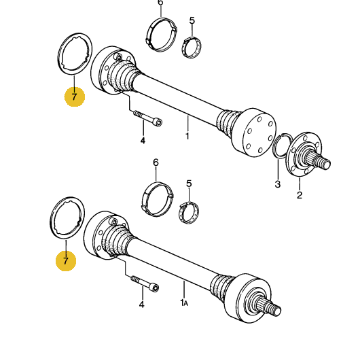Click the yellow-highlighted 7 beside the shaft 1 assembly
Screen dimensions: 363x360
point(75,97)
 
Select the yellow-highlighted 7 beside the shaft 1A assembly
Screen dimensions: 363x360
point(66,260)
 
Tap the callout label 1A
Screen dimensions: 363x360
point(183,302)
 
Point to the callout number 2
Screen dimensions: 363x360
point(299,196)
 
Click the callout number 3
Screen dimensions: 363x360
point(277,184)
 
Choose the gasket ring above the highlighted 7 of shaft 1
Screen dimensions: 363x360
point(74,54)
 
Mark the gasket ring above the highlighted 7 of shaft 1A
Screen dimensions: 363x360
point(67,218)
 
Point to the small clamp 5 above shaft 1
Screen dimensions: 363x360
point(193,47)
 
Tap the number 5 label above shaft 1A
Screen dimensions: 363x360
point(189,184)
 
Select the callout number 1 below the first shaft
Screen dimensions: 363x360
point(187,135)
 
